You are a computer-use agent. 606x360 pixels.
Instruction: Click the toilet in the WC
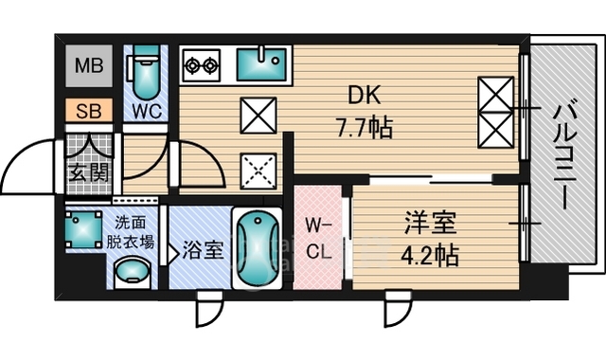coord(147,70)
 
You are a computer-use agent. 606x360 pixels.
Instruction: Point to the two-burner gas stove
coord(201,65)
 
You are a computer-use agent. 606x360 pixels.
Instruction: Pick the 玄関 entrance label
coord(88,172)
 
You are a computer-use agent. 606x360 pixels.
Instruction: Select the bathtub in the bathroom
coord(255,250)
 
